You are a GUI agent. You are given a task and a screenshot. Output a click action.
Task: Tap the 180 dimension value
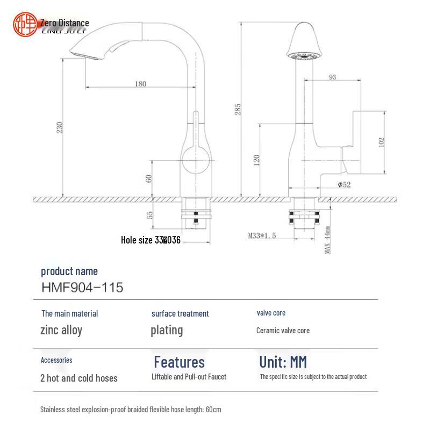(x=140, y=83)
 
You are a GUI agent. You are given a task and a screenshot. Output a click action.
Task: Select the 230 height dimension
(x=60, y=127)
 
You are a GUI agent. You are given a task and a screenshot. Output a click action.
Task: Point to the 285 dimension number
(x=238, y=109)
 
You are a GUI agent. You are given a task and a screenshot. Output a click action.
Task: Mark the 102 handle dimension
(x=382, y=142)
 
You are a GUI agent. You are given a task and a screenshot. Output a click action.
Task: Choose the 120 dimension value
(x=256, y=160)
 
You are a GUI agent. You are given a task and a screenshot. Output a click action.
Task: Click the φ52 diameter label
(x=344, y=184)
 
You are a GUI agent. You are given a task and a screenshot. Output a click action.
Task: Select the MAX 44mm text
(x=327, y=240)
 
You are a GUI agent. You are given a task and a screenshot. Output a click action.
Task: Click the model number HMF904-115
(x=82, y=288)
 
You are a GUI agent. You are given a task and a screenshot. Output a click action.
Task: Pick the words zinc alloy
(x=61, y=329)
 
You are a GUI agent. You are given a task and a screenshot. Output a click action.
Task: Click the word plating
(x=167, y=330)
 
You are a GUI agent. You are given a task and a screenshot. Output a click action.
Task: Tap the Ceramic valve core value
(x=283, y=331)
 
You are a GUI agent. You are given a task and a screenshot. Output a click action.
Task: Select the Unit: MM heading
(x=283, y=361)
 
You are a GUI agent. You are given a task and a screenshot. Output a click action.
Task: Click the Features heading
(x=179, y=362)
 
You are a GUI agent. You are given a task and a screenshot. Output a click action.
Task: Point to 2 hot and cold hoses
(x=79, y=378)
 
